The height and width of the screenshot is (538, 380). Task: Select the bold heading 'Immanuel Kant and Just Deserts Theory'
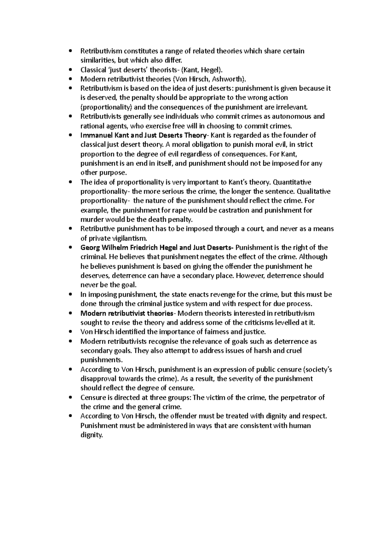(143, 135)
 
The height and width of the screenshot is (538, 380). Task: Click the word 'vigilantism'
(130, 238)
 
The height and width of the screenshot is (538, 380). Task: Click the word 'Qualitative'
(313, 191)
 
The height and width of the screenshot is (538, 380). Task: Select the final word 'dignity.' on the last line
(92, 435)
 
